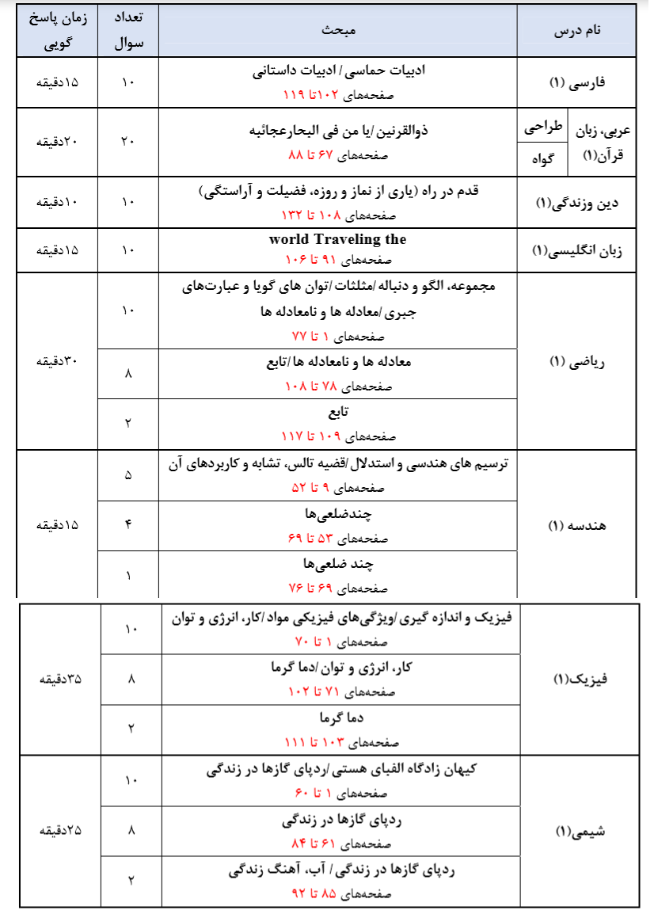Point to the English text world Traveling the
pyautogui.click(x=337, y=239)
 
